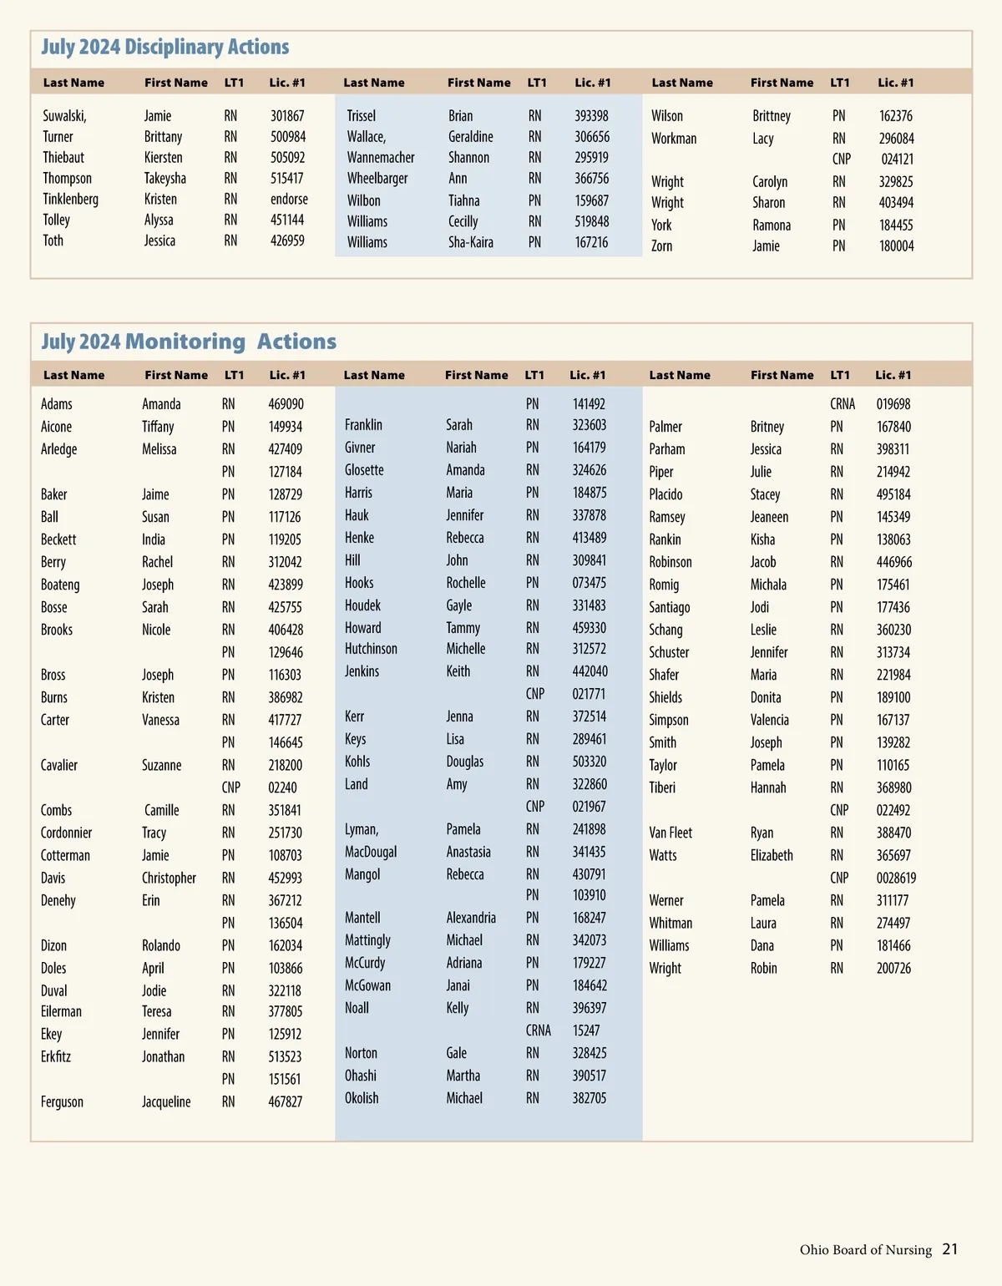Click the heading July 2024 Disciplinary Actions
click(x=165, y=48)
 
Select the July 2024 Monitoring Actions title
click(x=189, y=342)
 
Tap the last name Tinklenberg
click(x=71, y=199)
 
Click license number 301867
click(x=287, y=116)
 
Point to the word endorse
click(x=289, y=199)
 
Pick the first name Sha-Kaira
click(x=471, y=242)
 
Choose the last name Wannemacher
click(x=381, y=157)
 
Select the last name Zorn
click(x=661, y=246)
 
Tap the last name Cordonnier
click(x=67, y=833)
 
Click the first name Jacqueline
click(x=166, y=1101)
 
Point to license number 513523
click(x=285, y=1056)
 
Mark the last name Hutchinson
click(x=371, y=649)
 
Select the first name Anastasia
click(x=468, y=852)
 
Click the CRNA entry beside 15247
click(x=539, y=1030)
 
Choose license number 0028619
click(x=896, y=878)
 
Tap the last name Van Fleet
click(x=671, y=833)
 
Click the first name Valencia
click(x=769, y=720)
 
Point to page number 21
click(x=950, y=1249)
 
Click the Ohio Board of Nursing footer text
click(x=865, y=1250)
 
